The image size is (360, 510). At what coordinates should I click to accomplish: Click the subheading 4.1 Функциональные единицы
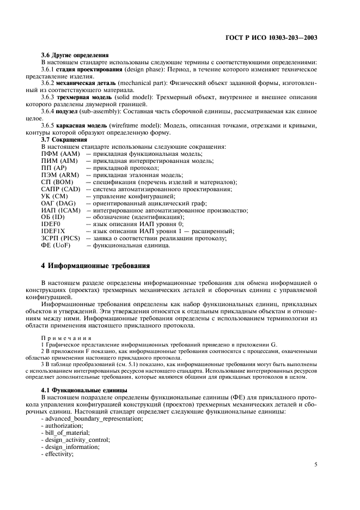point(84,391)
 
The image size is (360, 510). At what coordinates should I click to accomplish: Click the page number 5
point(316,465)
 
